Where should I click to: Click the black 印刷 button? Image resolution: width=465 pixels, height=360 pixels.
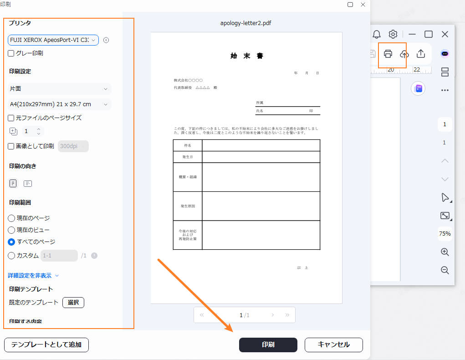tap(268, 345)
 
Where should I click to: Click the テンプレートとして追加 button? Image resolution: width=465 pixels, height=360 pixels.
tap(46, 345)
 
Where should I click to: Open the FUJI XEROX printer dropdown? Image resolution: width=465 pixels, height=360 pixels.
tap(53, 40)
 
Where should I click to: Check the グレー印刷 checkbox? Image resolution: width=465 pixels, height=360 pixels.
tap(11, 53)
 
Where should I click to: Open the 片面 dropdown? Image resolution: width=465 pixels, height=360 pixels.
tap(60, 89)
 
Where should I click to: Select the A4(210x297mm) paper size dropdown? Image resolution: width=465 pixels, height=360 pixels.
tap(60, 104)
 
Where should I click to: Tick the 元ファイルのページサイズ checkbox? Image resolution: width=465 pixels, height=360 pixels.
tap(11, 118)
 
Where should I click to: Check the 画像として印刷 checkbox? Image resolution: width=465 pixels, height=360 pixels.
tap(11, 146)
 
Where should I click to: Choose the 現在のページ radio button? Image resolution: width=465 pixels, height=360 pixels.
tap(12, 218)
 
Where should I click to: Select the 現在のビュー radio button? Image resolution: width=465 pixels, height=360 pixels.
tap(12, 230)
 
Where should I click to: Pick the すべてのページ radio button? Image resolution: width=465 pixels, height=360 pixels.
tap(12, 242)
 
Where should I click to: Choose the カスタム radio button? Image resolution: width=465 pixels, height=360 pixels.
tap(12, 256)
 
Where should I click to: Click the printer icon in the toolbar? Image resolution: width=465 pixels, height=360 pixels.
tap(388, 54)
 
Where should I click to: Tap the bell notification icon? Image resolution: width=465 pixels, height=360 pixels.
tap(377, 34)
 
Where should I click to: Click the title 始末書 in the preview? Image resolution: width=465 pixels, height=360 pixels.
tap(247, 56)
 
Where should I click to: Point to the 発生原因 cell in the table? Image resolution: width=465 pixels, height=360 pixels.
tap(188, 206)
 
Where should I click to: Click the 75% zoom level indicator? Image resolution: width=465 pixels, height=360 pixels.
tap(445, 234)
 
